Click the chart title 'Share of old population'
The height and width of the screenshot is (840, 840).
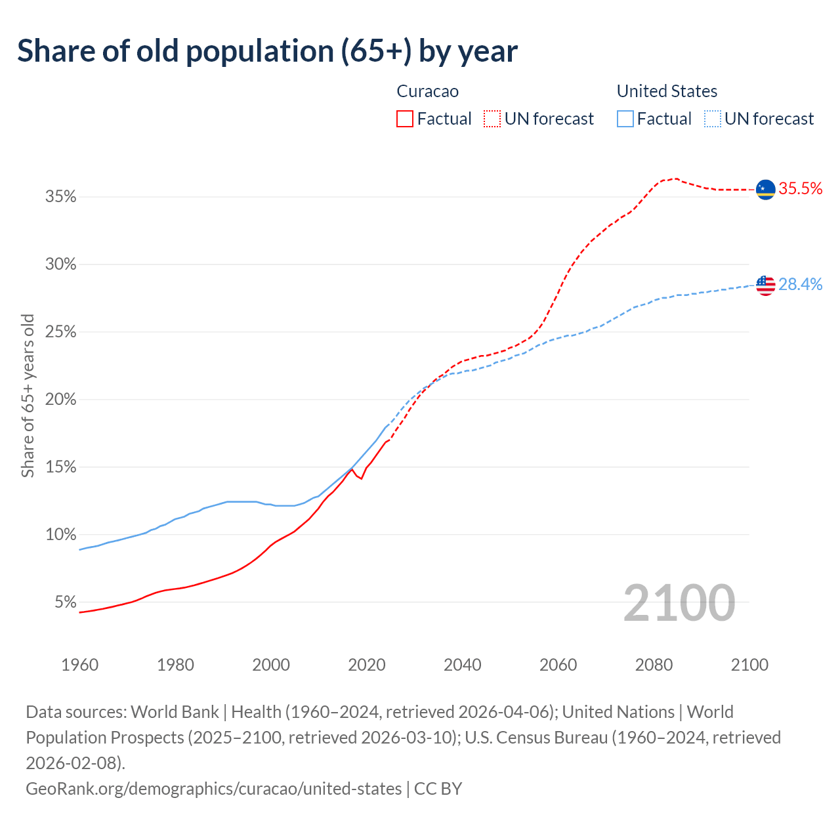(x=267, y=51)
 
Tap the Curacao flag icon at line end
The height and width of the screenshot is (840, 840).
(x=765, y=190)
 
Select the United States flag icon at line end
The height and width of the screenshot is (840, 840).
(x=765, y=285)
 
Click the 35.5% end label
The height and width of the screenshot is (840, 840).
(x=800, y=189)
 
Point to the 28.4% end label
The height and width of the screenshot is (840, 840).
(x=800, y=285)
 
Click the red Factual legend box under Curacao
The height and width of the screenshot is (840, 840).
(x=405, y=119)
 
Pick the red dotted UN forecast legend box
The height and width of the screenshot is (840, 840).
(x=492, y=119)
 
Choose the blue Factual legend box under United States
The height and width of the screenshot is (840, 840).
(x=625, y=119)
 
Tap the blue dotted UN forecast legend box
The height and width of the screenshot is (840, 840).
(x=712, y=119)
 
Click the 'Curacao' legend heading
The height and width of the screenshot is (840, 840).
(x=427, y=91)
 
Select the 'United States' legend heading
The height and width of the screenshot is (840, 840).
(x=667, y=91)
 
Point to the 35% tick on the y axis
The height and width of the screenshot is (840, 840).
(x=61, y=197)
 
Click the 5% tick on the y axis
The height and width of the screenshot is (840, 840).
(x=65, y=602)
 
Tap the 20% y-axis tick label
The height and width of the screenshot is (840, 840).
(x=61, y=400)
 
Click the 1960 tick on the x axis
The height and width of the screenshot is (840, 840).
(x=80, y=665)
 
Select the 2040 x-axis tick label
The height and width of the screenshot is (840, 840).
(x=463, y=665)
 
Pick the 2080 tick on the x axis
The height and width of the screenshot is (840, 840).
(x=654, y=665)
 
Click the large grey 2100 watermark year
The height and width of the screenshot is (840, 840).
(x=679, y=603)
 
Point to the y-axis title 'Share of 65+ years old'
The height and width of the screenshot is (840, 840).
(x=28, y=396)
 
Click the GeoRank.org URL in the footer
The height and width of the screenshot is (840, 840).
(x=213, y=788)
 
